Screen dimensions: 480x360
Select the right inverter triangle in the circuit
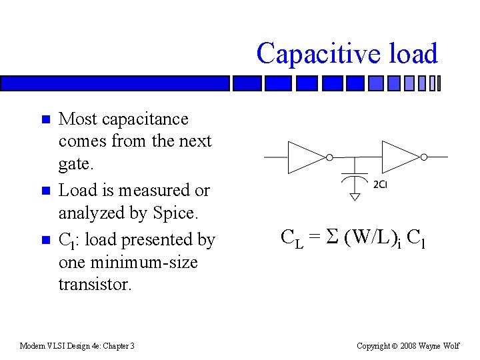pyautogui.click(x=399, y=157)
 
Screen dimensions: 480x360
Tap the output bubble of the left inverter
pyautogui.click(x=329, y=157)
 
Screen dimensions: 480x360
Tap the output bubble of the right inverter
pyautogui.click(x=423, y=157)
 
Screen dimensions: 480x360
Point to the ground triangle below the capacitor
pyautogui.click(x=355, y=196)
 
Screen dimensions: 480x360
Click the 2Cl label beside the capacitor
pyautogui.click(x=380, y=184)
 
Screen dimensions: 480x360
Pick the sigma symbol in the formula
pyautogui.click(x=331, y=237)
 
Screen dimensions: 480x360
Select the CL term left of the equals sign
pyautogui.click(x=292, y=238)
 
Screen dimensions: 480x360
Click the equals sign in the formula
pyautogui.click(x=314, y=237)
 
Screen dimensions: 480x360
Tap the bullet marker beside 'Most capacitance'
pyautogui.click(x=45, y=120)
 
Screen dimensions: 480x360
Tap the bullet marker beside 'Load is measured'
pyautogui.click(x=45, y=191)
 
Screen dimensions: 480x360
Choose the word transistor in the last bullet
pyautogui.click(x=95, y=284)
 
